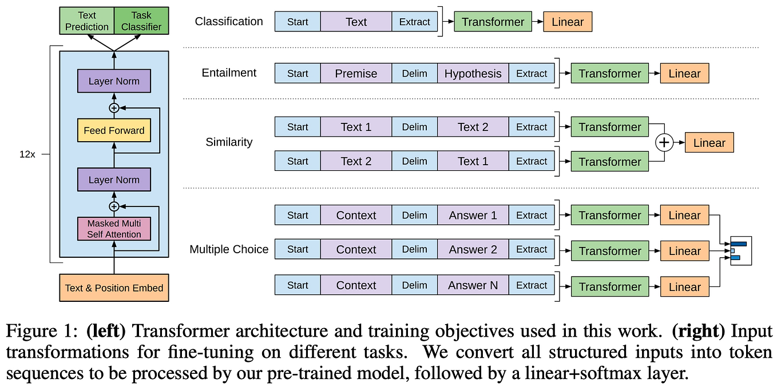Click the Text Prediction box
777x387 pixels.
click(x=86, y=21)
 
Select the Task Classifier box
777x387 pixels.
click(x=141, y=21)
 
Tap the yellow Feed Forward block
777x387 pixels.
click(x=114, y=130)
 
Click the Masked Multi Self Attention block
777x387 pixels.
click(x=114, y=229)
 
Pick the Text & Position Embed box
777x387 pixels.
click(x=114, y=288)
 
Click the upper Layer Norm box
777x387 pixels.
click(x=114, y=81)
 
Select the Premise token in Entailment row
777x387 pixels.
click(x=356, y=74)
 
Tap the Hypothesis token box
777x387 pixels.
click(x=473, y=74)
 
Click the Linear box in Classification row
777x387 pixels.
click(x=568, y=22)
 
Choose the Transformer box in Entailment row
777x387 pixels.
click(x=609, y=74)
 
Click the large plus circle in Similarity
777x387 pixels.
click(x=664, y=143)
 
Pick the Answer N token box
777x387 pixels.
click(x=473, y=285)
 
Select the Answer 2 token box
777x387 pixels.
click(x=473, y=250)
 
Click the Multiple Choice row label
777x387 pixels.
click(x=229, y=249)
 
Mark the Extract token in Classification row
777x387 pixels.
click(x=414, y=22)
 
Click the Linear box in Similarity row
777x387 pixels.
click(x=709, y=143)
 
